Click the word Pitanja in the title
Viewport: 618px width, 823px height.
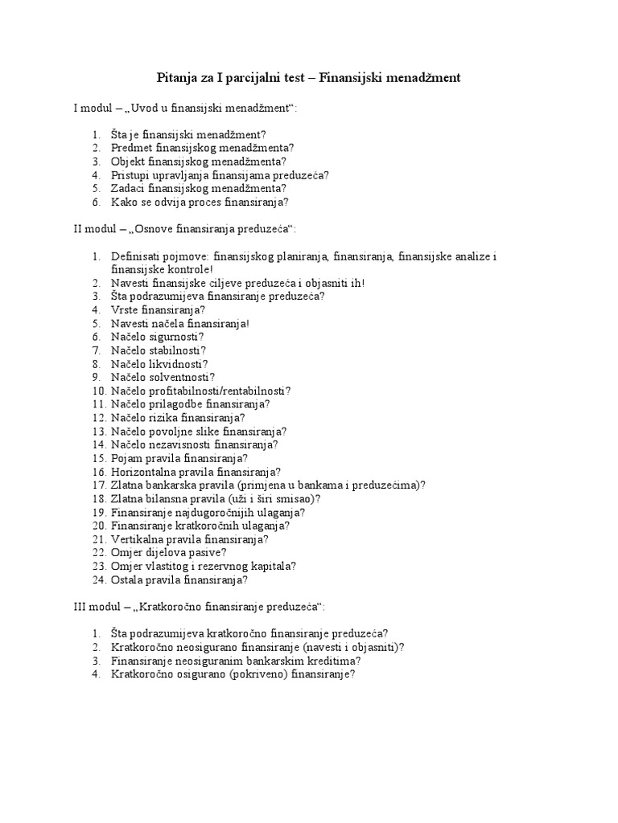175,78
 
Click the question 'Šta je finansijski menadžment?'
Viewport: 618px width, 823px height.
188,134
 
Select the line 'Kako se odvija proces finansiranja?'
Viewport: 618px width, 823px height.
200,202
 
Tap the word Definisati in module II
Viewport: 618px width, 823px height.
138,256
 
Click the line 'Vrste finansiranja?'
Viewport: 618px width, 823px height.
158,309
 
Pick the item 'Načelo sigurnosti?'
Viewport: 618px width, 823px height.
158,337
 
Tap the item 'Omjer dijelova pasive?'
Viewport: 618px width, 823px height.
169,552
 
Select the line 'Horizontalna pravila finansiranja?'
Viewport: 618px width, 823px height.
196,472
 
